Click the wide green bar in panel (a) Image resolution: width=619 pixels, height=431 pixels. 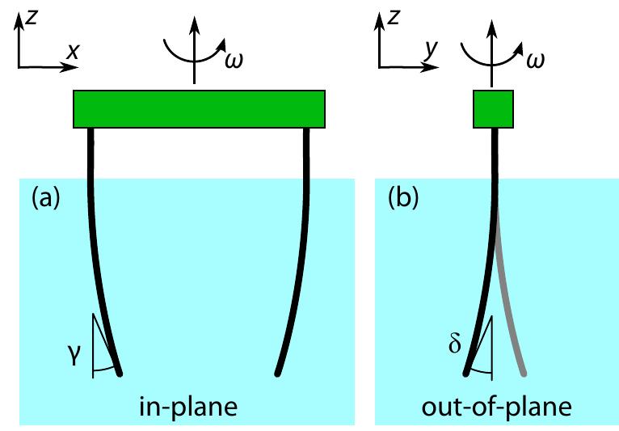coord(199,109)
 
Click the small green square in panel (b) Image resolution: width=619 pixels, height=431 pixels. coord(493,109)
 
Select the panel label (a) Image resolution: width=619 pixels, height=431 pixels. coord(44,198)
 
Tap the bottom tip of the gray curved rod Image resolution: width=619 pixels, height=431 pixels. coord(526,374)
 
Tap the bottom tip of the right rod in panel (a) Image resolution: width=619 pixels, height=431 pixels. coord(277,374)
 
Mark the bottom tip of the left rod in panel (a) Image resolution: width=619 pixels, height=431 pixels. coord(120,374)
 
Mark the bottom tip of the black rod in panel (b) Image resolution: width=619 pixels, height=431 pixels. coord(466,374)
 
